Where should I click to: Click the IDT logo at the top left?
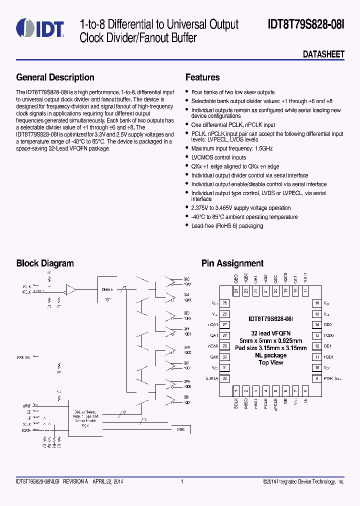click(39, 28)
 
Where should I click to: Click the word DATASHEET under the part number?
click(323, 54)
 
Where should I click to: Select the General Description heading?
click(55, 77)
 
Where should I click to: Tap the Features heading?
click(202, 77)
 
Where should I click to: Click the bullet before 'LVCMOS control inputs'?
click(187, 157)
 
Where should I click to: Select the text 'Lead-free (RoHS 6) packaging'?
click(227, 226)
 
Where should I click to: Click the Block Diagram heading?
click(45, 263)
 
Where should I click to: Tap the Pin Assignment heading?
click(232, 263)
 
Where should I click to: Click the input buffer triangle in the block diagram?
click(71, 289)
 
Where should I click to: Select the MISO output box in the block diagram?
click(180, 429)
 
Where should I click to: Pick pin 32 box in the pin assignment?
click(225, 378)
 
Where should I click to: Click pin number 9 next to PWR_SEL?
click(316, 378)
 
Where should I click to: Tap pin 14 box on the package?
click(316, 324)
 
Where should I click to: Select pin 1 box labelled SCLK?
click(235, 390)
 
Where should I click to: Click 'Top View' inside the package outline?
click(270, 362)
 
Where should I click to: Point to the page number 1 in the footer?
click(181, 481)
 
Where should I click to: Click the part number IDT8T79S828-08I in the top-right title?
click(306, 24)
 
